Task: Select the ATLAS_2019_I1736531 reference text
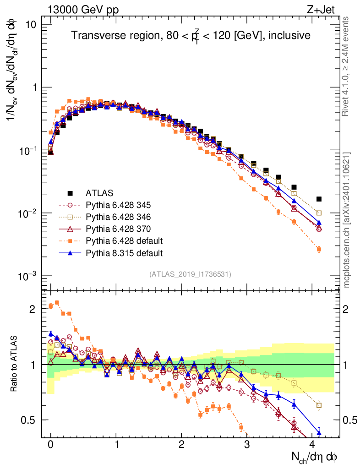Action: tap(190, 274)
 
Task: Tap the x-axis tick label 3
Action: tap(247, 445)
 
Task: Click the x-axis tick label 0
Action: tap(50, 445)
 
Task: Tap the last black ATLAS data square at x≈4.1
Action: tap(319, 199)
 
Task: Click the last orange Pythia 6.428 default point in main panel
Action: tap(319, 250)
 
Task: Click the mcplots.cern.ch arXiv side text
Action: tap(347, 220)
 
